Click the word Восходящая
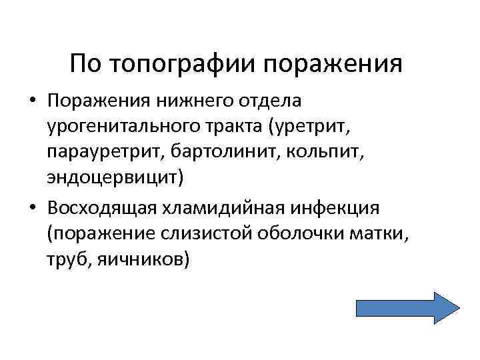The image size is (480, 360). pyautogui.click(x=99, y=208)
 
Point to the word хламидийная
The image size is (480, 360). pyautogui.click(x=214, y=208)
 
